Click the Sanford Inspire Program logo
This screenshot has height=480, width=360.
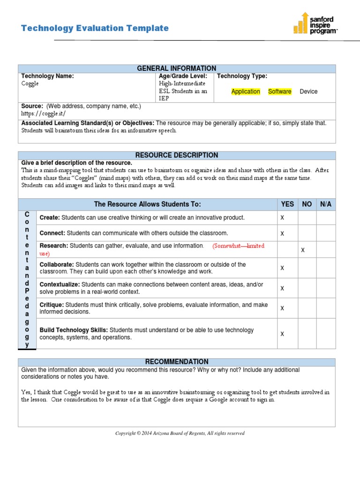coord(315,23)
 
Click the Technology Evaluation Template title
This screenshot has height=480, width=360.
coord(95,28)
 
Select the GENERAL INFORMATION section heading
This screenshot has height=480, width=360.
coord(177,68)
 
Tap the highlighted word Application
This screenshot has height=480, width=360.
coord(246,91)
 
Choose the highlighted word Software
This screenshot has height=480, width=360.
coord(279,91)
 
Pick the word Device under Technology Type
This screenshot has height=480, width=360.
coord(308,91)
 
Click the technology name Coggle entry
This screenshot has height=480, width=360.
coord(30,83)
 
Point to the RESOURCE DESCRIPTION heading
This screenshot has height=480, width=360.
coord(177,155)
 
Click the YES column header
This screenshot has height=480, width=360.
coord(287,204)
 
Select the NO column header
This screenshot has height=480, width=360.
coord(307,204)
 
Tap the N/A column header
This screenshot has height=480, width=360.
coord(326,204)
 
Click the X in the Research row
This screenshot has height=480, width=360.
coord(303,250)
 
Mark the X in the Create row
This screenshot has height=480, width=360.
coord(282,218)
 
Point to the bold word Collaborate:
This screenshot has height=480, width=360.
coord(56,265)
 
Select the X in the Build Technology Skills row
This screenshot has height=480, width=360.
coord(282,334)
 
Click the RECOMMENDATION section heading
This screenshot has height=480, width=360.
coord(177,362)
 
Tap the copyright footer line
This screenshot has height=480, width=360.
coord(180,433)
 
